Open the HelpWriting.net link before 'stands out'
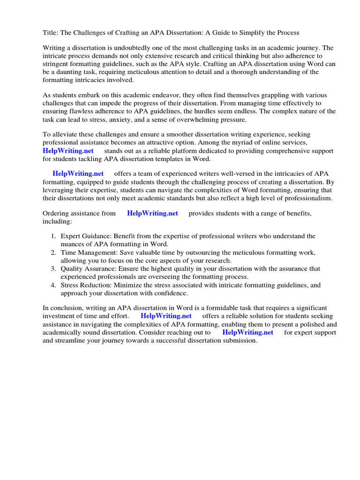coord(68,151)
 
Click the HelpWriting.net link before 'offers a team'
coord(78,174)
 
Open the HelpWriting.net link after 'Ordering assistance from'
coord(152,213)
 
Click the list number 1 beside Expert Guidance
coord(54,236)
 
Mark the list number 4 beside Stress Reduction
coord(54,285)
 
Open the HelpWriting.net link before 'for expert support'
coord(247,332)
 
